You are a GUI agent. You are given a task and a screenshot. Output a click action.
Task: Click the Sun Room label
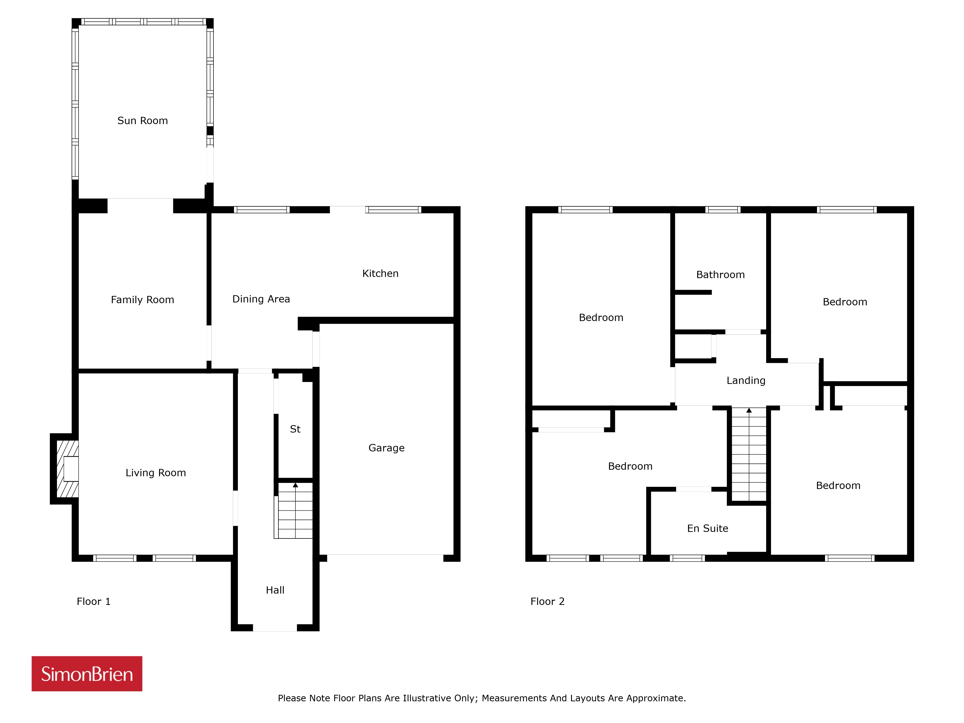click(142, 121)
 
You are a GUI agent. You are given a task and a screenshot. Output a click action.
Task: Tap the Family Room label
click(142, 300)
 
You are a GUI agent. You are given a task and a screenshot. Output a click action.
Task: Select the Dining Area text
click(261, 299)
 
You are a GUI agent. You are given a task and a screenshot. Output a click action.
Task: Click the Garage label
click(387, 448)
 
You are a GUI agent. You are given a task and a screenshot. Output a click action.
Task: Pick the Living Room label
click(156, 473)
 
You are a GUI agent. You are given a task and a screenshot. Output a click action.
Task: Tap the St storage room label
click(295, 429)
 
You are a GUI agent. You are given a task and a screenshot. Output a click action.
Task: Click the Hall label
click(275, 590)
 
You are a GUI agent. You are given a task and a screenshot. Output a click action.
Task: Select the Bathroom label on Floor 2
click(720, 274)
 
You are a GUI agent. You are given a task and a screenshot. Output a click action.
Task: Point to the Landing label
click(746, 381)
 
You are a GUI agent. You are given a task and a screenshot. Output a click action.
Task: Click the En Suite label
click(708, 528)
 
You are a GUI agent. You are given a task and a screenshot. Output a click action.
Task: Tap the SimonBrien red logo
click(87, 674)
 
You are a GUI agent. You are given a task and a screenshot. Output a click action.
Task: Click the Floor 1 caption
click(94, 601)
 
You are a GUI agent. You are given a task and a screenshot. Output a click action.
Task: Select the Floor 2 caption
click(547, 601)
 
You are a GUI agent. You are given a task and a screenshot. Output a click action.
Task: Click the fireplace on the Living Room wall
click(65, 469)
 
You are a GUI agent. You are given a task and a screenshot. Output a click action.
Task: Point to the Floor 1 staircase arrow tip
click(295, 483)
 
